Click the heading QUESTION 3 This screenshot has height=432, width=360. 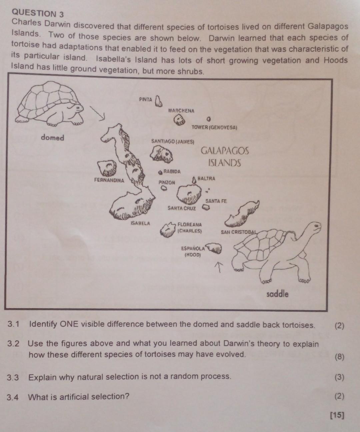coord(37,13)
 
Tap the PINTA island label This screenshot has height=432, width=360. coord(146,99)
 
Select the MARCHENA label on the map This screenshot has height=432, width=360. coord(181,110)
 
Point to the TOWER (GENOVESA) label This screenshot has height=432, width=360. coord(214,128)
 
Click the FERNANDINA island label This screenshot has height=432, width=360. coord(109,180)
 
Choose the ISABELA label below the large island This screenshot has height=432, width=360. coord(140,223)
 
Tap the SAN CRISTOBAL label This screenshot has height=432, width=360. coord(239,232)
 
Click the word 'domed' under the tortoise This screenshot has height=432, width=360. coord(52,137)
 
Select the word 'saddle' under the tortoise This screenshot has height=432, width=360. coord(277,294)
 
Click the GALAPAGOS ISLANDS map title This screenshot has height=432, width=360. coord(225,157)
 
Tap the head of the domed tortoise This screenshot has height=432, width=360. coord(77,108)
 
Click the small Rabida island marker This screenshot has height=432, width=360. coord(161,172)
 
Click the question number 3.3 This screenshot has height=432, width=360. coord(13,378)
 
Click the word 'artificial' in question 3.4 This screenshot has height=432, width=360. coord(73,397)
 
